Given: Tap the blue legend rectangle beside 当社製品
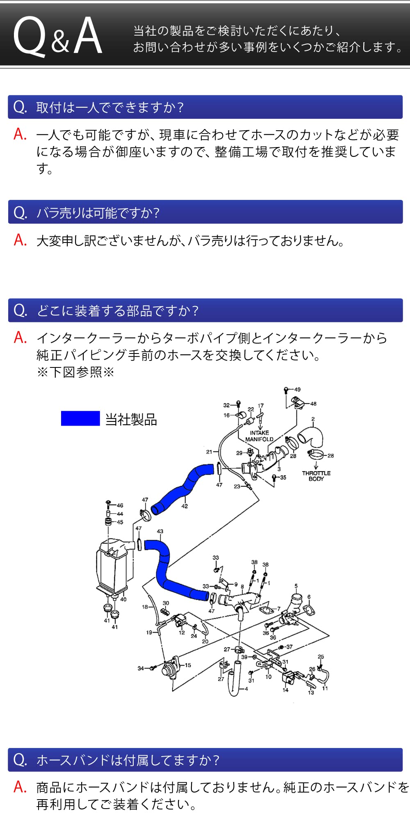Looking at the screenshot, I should (x=80, y=418).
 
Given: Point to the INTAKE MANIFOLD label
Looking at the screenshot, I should (x=259, y=436).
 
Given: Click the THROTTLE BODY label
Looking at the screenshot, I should (x=316, y=476).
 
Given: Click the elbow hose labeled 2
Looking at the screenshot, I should (x=312, y=437).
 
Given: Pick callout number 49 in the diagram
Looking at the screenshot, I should (x=297, y=390).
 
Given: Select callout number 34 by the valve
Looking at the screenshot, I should (x=141, y=668).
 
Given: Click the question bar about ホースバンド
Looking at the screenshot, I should (x=205, y=760).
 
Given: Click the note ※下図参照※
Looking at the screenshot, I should (x=75, y=372).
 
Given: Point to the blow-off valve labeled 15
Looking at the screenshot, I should (x=170, y=668).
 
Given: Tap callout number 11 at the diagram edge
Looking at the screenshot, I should (x=325, y=688).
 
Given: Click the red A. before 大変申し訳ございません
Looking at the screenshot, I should (x=20, y=240).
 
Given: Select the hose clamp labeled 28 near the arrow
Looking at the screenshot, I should (x=316, y=454).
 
